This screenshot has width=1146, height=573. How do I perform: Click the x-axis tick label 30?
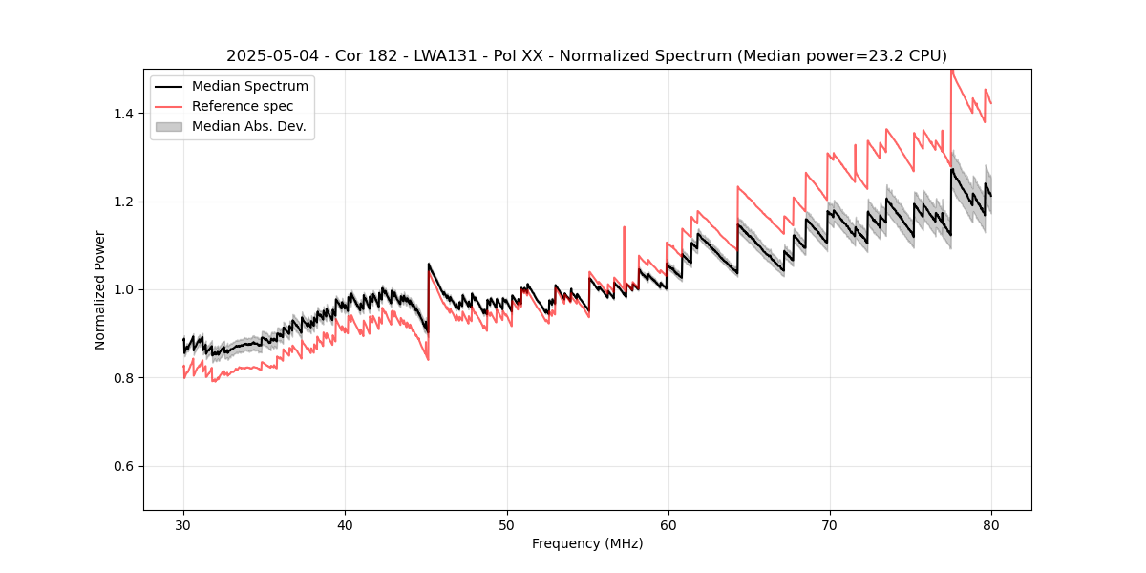pyautogui.click(x=183, y=524)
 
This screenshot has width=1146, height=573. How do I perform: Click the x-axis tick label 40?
pyautogui.click(x=345, y=524)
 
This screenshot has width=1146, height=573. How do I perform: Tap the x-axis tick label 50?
pyautogui.click(x=506, y=524)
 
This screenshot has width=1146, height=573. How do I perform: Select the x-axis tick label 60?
pyautogui.click(x=668, y=524)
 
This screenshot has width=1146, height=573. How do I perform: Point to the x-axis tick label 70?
pyautogui.click(x=829, y=524)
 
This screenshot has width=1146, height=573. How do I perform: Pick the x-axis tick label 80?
pyautogui.click(x=990, y=524)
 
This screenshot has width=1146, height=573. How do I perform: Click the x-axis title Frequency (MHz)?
pyautogui.click(x=587, y=543)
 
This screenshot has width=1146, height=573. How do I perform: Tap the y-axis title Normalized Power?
pyautogui.click(x=100, y=289)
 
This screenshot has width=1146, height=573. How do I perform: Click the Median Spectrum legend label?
pyautogui.click(x=249, y=87)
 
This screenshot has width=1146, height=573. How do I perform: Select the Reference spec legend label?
pyautogui.click(x=243, y=106)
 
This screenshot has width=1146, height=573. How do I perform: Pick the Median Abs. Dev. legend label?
pyautogui.click(x=248, y=126)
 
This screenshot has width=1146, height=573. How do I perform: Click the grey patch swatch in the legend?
pyautogui.click(x=169, y=126)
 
